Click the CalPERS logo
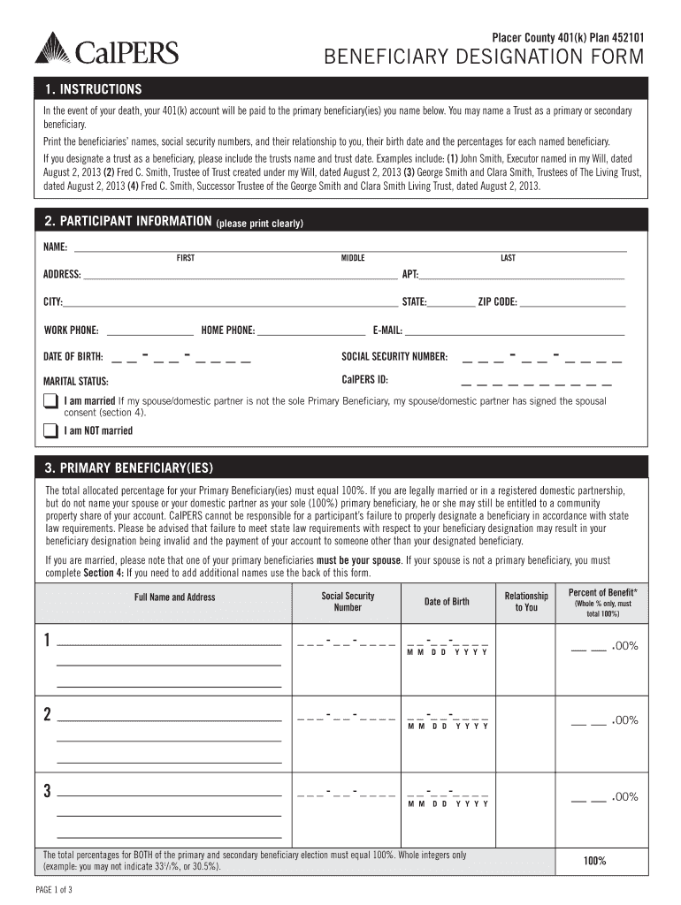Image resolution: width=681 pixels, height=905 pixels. (106, 49)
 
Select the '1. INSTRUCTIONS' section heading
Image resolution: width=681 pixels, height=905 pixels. (94, 90)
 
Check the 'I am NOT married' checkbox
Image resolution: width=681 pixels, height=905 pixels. (50, 430)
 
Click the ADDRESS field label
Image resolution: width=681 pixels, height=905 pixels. (63, 275)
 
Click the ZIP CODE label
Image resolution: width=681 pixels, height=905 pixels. (497, 302)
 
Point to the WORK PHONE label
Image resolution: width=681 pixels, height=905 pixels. (72, 331)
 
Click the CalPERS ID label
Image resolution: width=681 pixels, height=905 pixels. (364, 380)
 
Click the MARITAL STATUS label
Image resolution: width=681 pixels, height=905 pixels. (76, 382)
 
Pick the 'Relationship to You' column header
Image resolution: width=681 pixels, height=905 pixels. (525, 602)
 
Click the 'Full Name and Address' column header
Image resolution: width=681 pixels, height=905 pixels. (174, 597)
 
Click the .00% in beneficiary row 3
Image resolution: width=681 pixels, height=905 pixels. (624, 797)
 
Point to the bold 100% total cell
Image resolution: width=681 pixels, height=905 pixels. (594, 861)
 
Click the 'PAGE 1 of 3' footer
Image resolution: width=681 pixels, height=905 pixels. (54, 889)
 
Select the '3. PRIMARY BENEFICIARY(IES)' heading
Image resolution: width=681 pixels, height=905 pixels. (129, 468)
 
